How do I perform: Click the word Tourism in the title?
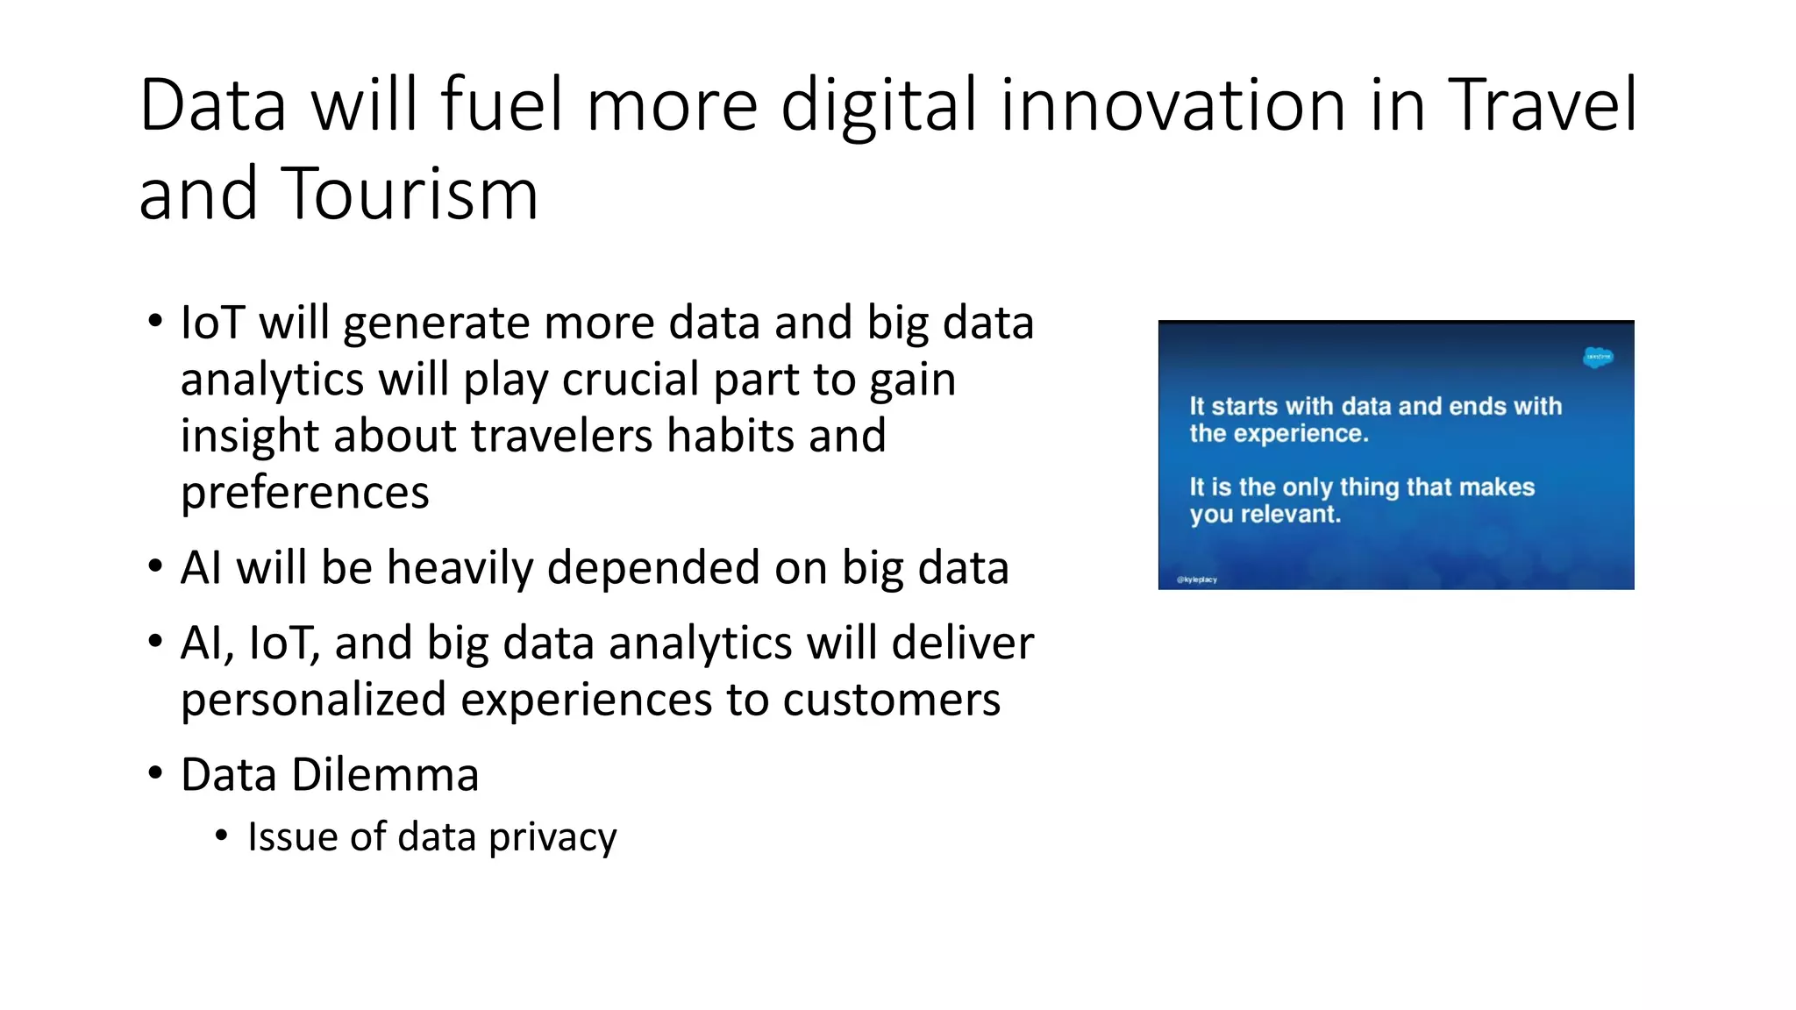[x=409, y=194]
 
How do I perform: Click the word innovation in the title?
[x=1172, y=105]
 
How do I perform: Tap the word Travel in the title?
[x=1542, y=105]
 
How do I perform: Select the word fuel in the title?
[x=501, y=105]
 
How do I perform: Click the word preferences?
[x=304, y=493]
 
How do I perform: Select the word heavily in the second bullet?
[x=460, y=567]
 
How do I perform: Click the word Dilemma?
[x=385, y=775]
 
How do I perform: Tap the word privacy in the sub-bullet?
[x=552, y=837]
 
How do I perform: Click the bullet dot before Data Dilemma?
[x=155, y=773]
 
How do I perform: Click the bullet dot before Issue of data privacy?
[x=222, y=836]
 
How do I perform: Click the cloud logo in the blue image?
[x=1598, y=357]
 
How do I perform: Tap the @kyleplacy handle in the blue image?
[x=1197, y=580]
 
